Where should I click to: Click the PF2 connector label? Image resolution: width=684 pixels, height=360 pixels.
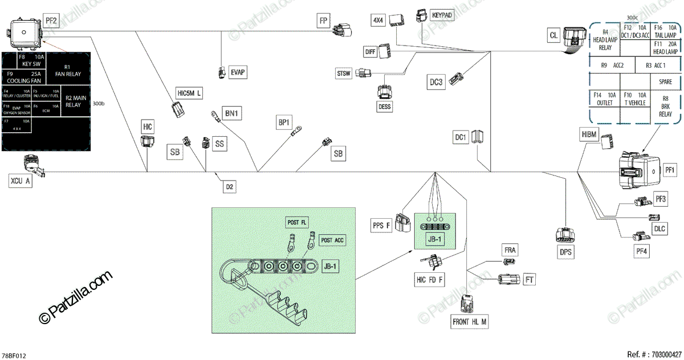pos(51,22)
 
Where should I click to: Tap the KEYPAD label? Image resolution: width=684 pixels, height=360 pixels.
pos(442,14)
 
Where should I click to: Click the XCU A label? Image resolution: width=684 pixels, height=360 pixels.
pos(20,182)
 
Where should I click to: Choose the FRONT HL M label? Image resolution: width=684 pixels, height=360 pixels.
pos(470,321)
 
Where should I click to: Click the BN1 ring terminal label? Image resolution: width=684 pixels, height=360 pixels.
pos(232,114)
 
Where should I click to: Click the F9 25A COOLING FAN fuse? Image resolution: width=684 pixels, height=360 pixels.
pos(24,77)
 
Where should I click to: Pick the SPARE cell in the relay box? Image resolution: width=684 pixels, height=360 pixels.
pos(665,81)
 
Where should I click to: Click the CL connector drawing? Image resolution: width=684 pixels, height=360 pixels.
pos(574,38)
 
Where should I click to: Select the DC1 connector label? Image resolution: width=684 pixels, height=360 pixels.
pos(461,137)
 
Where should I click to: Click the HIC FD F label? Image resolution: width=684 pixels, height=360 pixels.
pos(430,280)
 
